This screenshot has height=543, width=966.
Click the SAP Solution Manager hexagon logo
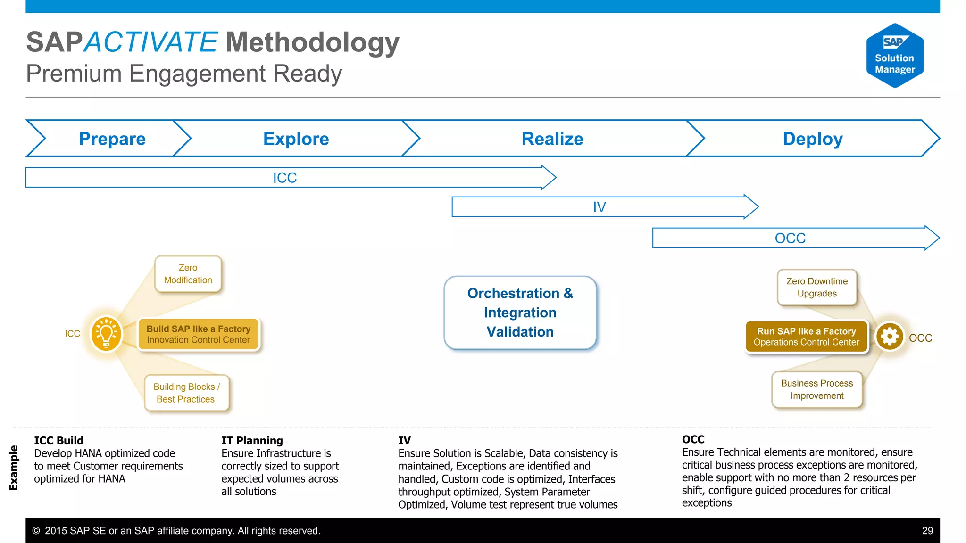pos(895,56)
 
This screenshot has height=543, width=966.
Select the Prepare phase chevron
pos(112,139)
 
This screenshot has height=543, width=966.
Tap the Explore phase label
pos(296,139)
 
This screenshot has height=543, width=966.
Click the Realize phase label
pos(552,139)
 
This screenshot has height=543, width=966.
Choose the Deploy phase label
pos(812,139)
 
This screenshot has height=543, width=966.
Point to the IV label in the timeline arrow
pos(599,207)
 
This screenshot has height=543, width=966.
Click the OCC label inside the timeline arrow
pos(790,238)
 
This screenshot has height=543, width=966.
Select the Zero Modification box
pos(188,274)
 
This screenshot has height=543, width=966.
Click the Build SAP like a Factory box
pos(198,334)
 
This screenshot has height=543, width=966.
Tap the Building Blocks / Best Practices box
pos(186,393)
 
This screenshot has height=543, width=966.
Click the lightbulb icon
pos(106,334)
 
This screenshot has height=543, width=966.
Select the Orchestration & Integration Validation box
pos(520,313)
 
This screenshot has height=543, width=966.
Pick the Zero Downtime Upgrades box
pos(816,287)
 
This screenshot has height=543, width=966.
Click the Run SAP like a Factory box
pos(806,337)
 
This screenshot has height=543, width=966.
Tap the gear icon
pos(889,337)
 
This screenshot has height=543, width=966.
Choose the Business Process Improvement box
pos(816,389)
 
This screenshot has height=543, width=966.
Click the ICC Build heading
pos(58,440)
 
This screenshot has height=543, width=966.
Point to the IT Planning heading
pos(252,440)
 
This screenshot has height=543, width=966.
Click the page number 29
pos(927,531)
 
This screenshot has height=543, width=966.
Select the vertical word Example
pos(14,468)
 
